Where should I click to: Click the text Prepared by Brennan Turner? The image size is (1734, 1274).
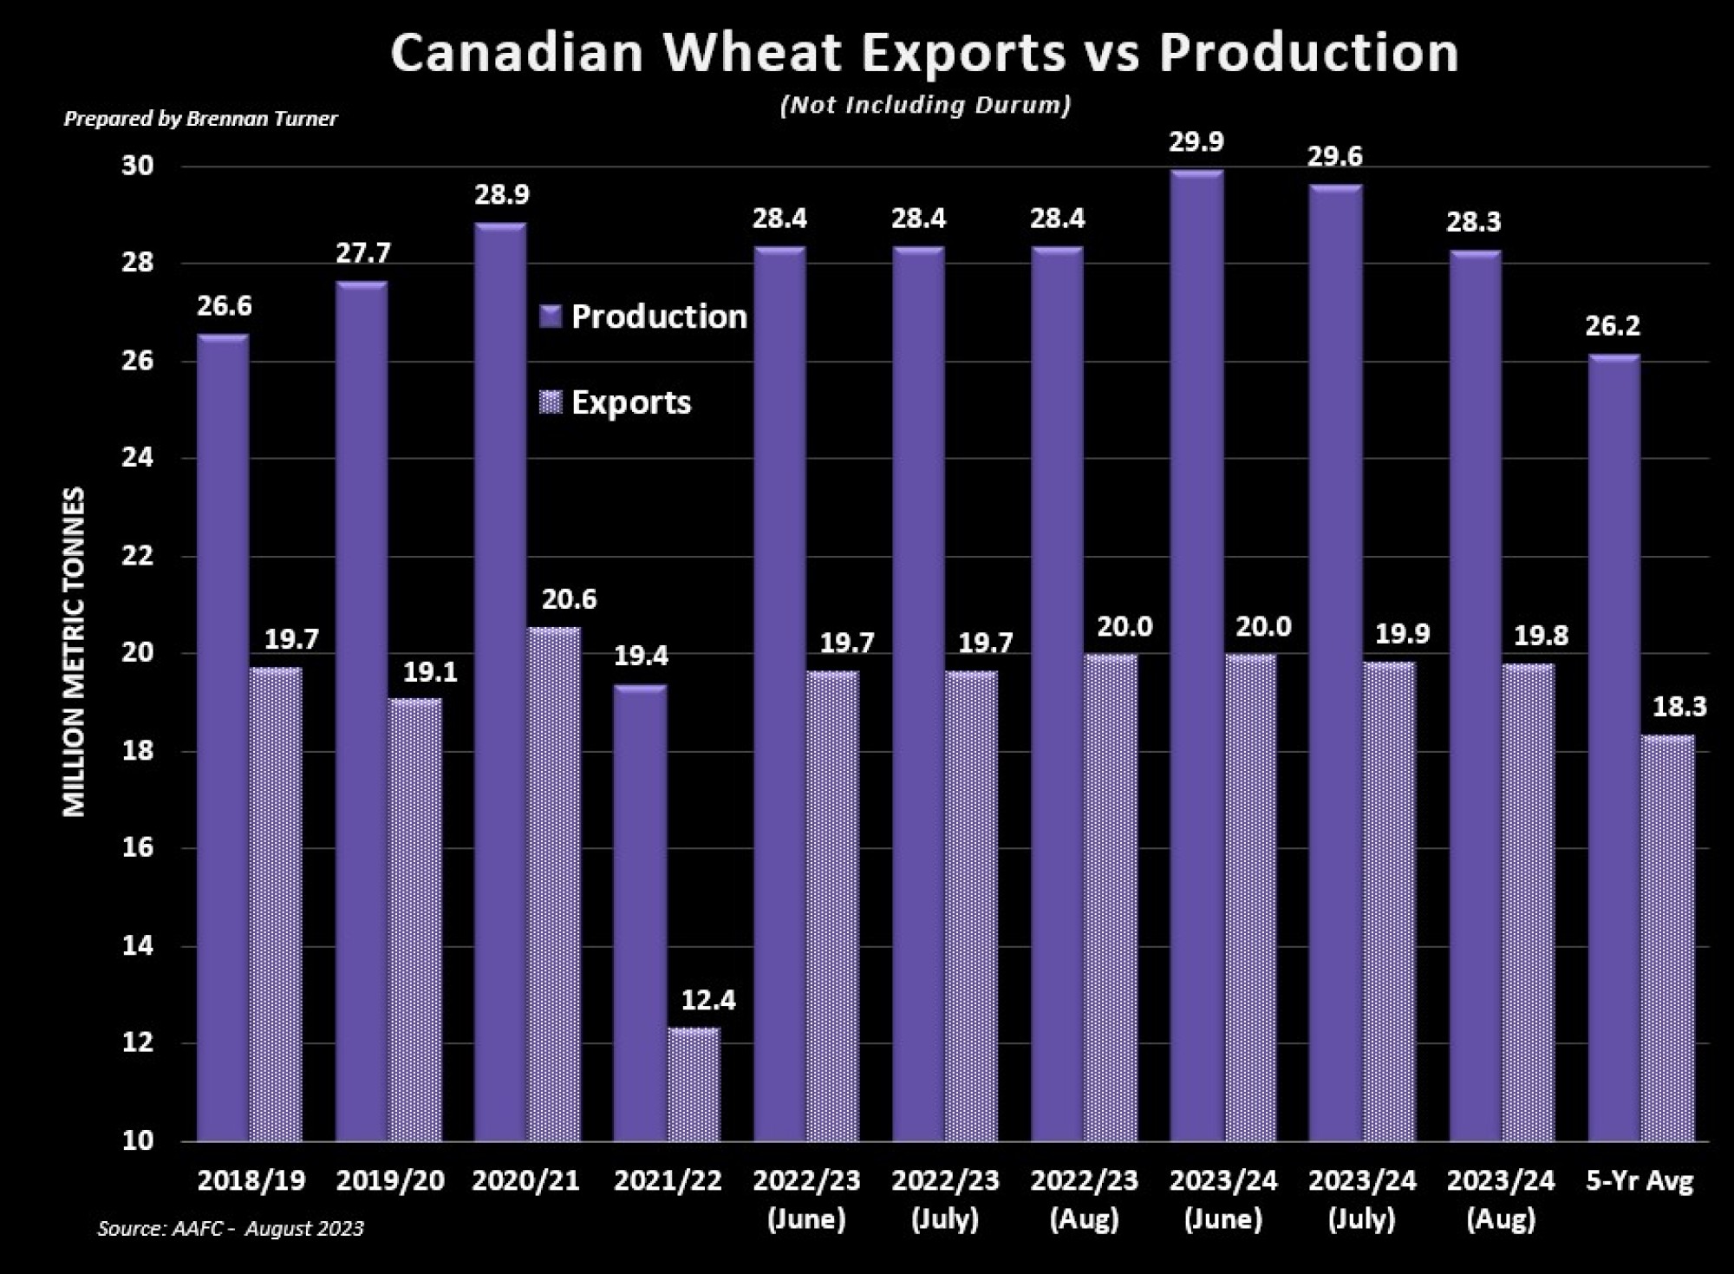(x=200, y=119)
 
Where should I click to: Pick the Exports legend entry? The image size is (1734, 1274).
(x=616, y=402)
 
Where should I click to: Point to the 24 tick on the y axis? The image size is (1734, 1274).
(x=137, y=458)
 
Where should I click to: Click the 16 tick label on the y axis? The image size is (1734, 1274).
(x=137, y=847)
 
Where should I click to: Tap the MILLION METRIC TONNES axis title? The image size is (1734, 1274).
(x=75, y=651)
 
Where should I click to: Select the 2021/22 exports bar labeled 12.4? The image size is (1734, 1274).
(x=694, y=1084)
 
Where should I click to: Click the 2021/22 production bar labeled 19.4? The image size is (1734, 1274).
(x=640, y=911)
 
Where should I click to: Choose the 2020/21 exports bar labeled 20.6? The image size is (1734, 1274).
(x=554, y=885)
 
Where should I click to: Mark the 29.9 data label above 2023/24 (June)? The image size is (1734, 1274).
(x=1196, y=142)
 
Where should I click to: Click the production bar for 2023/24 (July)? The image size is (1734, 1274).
(x=1335, y=659)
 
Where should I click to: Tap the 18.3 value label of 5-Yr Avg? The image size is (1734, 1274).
(x=1679, y=707)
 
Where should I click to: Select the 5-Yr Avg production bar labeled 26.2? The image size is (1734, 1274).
(x=1613, y=746)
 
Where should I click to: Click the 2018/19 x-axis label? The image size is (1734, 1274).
(x=251, y=1180)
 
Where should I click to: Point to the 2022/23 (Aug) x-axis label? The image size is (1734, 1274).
(x=1084, y=1199)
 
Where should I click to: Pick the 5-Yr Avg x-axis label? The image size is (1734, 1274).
(x=1639, y=1180)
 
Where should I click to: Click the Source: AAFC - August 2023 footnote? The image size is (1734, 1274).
(x=230, y=1228)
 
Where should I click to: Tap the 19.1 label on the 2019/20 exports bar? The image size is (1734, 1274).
(x=430, y=673)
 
